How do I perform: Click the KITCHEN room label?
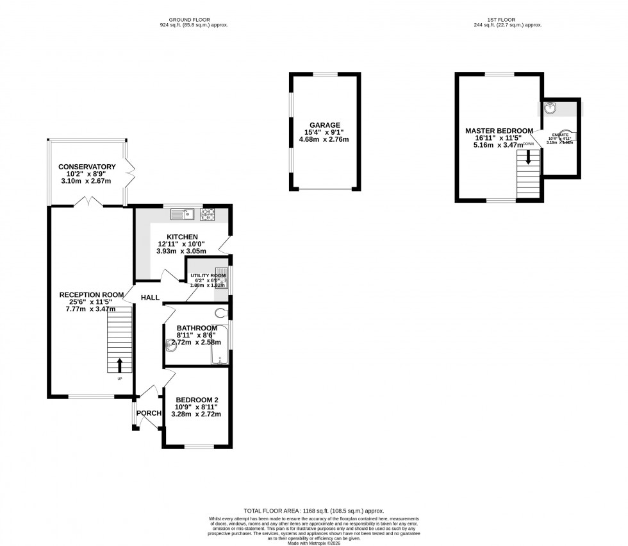[x=178, y=237]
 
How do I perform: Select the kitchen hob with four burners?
[x=210, y=215]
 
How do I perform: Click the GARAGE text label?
[x=325, y=125]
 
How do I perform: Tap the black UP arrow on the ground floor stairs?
[x=119, y=365]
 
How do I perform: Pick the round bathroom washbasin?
[x=170, y=346]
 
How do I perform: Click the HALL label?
[x=150, y=298]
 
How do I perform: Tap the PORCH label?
[x=149, y=413]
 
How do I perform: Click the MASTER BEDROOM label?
[x=499, y=131]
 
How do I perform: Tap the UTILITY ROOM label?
[x=209, y=275]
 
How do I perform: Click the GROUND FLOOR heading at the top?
[x=194, y=20]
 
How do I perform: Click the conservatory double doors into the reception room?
[x=88, y=203]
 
